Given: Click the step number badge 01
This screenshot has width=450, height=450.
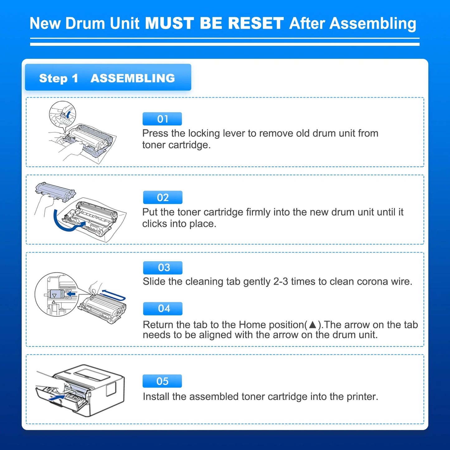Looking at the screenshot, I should point(162,119).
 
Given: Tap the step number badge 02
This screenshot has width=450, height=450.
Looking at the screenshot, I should point(163,197).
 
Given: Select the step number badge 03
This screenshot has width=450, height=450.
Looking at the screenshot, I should point(163,268).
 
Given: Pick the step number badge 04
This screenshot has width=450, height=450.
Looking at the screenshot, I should point(163,308).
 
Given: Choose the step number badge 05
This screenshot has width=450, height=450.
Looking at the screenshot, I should point(162,381).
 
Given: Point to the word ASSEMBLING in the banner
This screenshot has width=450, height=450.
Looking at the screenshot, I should point(133,78).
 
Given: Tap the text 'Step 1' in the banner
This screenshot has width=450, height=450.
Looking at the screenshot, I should point(58,78).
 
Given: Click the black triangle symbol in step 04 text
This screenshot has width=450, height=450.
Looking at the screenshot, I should point(312,325).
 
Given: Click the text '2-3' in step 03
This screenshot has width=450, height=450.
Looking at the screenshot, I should point(280,282).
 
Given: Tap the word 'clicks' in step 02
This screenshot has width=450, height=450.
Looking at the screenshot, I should point(154,224).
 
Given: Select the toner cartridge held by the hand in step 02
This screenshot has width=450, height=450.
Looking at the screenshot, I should point(55,191).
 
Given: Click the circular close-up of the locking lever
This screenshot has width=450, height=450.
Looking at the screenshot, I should point(63,114).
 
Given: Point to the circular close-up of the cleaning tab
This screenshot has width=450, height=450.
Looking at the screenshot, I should point(56,295).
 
